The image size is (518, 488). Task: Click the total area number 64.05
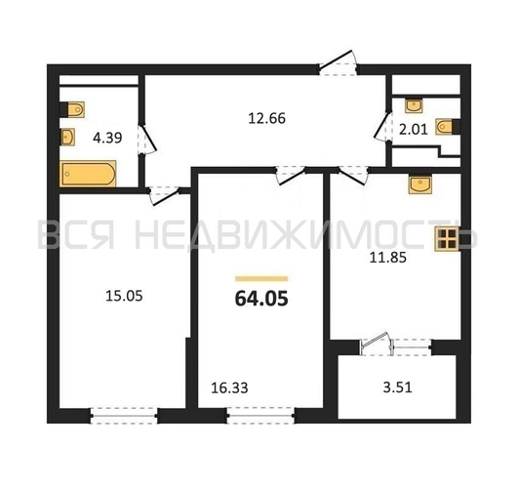[261, 299]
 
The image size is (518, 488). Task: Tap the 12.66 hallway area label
[266, 118]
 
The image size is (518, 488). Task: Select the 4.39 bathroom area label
[107, 138]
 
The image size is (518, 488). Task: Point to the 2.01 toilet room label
[414, 129]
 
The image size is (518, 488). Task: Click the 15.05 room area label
[124, 296]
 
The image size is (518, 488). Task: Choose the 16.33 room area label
[229, 387]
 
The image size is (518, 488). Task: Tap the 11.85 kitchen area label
[387, 258]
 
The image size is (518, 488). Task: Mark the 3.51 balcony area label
[397, 387]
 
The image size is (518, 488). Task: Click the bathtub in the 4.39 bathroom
[88, 174]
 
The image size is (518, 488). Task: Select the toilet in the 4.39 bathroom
[72, 109]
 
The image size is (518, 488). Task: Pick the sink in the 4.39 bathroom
[67, 138]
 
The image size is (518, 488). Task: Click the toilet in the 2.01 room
[448, 126]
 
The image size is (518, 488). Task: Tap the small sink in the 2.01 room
[414, 105]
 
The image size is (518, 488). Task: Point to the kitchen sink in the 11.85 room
[419, 184]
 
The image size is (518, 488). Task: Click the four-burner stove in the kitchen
[447, 239]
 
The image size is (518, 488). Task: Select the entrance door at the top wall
[338, 63]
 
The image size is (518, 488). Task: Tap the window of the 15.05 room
[124, 416]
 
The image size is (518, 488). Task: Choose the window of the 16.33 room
[260, 416]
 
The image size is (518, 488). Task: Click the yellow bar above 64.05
[261, 279]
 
